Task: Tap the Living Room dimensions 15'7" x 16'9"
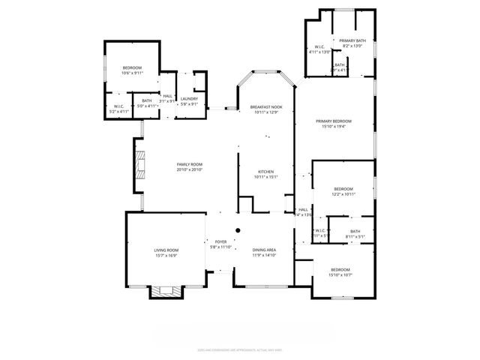166,255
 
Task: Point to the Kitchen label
266,171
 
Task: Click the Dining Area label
264,250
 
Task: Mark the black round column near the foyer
238,230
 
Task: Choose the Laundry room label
189,98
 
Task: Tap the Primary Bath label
352,40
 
